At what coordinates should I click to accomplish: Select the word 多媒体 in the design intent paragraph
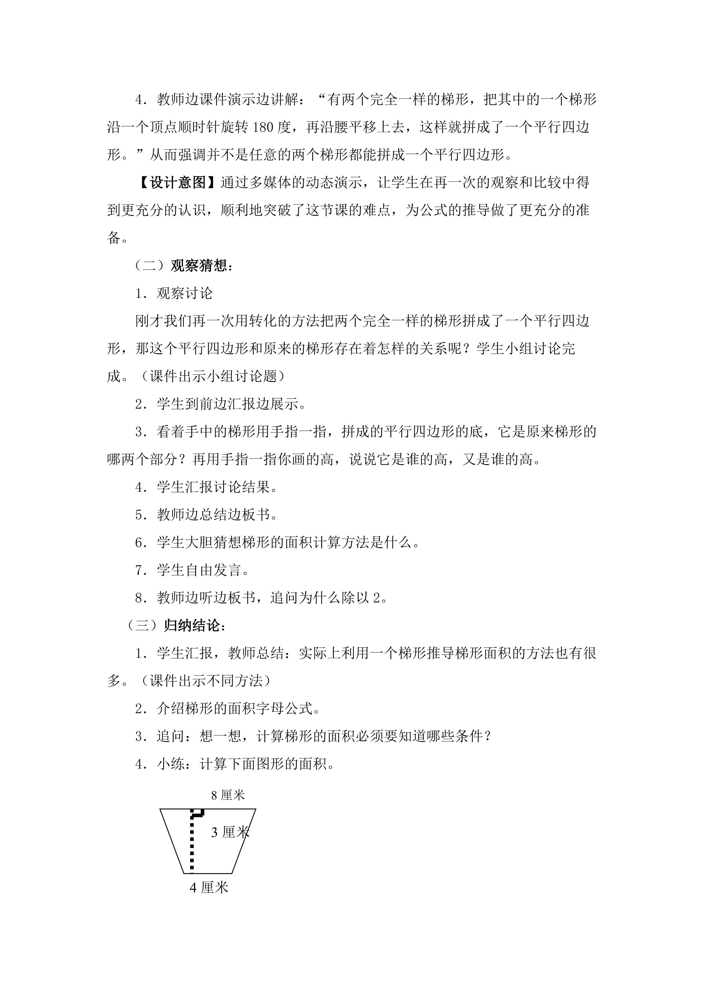coord(269,183)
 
